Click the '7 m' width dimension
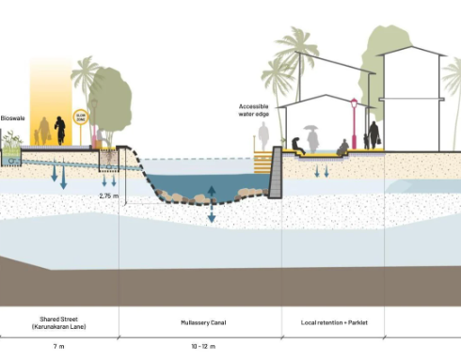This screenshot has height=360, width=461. [58, 347]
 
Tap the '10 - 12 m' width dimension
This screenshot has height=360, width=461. [200, 347]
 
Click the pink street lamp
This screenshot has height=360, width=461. [354, 122]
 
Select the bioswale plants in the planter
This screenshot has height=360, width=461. [12, 142]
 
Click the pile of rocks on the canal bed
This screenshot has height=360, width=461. [179, 197]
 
